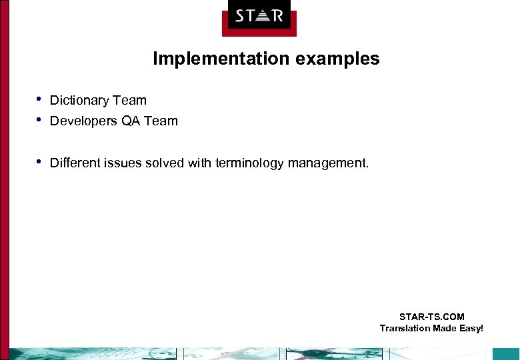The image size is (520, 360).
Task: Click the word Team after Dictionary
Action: (x=129, y=101)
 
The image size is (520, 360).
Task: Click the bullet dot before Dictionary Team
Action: (x=39, y=100)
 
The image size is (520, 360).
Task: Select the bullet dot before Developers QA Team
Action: (x=39, y=121)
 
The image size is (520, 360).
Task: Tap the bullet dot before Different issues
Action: (x=39, y=162)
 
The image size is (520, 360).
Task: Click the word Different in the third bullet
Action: (x=75, y=163)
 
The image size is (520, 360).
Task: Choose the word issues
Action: (x=121, y=163)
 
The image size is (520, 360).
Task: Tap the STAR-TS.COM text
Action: (x=431, y=317)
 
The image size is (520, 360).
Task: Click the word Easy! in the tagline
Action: (x=469, y=328)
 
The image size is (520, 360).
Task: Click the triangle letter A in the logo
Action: (x=259, y=15)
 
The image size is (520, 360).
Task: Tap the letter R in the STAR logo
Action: (x=277, y=15)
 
